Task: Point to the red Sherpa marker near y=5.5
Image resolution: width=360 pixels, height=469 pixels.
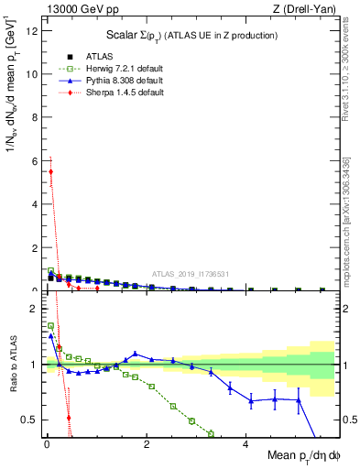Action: tap(51, 171)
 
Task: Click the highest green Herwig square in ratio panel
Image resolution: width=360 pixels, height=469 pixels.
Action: tap(51, 325)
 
